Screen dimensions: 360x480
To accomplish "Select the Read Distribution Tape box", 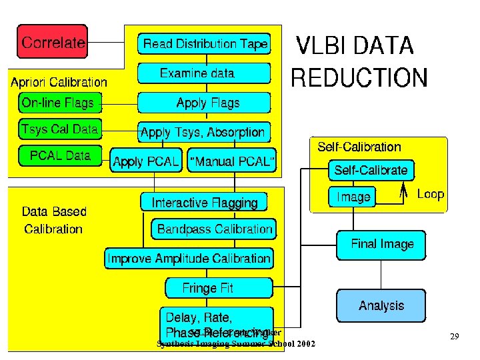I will tap(205, 45).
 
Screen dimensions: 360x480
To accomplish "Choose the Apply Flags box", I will tap(205, 103).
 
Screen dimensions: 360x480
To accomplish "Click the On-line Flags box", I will tap(58, 103).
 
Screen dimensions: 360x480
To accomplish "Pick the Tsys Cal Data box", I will tap(60, 129).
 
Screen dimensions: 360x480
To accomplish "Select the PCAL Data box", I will tap(60, 156).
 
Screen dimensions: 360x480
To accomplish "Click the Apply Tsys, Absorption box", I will tap(203, 132).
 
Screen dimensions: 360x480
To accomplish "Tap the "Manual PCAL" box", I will tap(232, 161).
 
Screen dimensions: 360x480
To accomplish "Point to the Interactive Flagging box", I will tap(204, 202).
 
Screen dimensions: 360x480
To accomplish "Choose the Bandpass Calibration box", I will tap(215, 229).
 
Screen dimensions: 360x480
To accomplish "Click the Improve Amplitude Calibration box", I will tap(189, 258).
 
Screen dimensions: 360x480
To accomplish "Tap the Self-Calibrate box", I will tap(371, 170).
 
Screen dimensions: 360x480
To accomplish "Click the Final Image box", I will tap(382, 244).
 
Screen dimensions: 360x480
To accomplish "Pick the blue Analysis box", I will tap(381, 305).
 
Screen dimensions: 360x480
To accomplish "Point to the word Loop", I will tap(430, 194).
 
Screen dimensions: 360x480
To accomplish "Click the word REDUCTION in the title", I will tap(359, 79).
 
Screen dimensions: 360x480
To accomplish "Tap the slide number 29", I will tap(454, 337).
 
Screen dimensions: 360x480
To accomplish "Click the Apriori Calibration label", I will tap(59, 83).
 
